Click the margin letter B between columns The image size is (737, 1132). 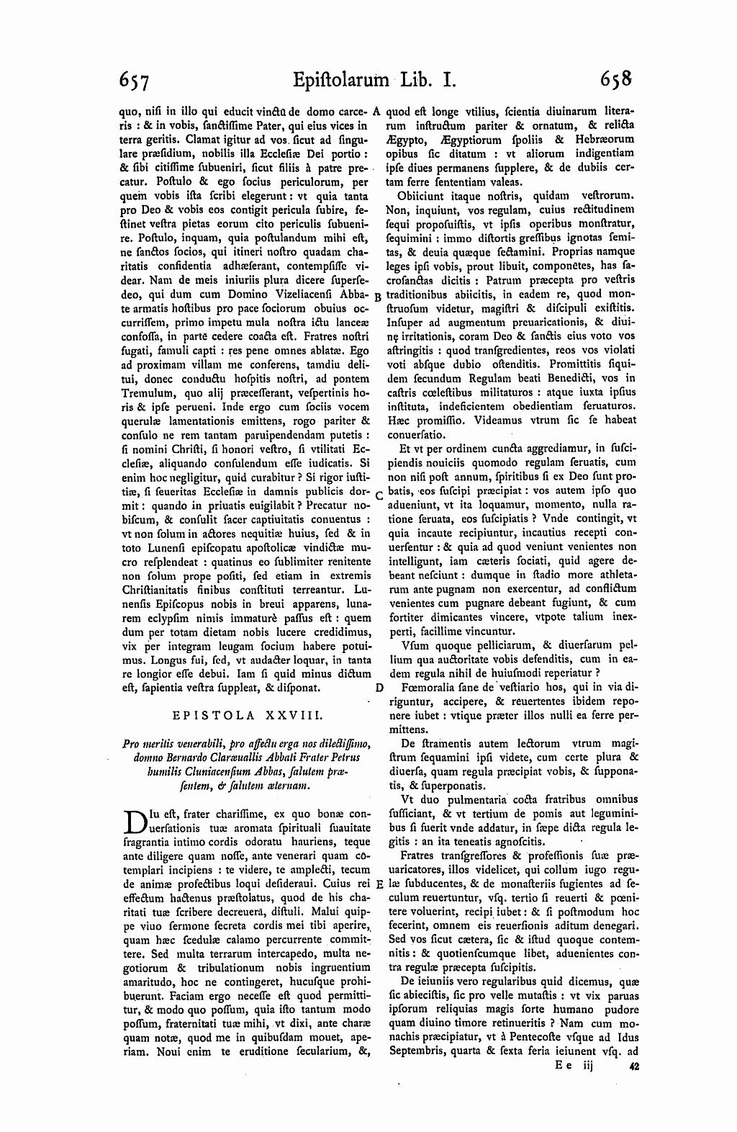pos(379,297)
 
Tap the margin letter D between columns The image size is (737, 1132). pos(379,688)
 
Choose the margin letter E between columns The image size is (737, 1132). pos(379,884)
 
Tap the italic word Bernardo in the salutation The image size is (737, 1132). pos(185,758)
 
